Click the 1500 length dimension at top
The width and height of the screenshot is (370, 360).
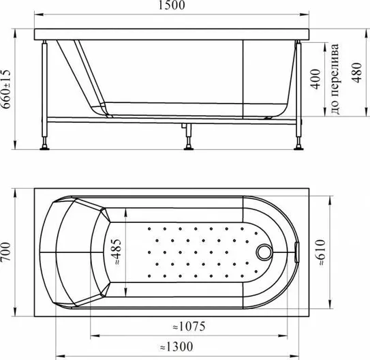click(x=171, y=5)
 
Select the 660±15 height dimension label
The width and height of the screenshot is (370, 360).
click(x=5, y=89)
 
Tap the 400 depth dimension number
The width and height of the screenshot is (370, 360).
click(x=315, y=79)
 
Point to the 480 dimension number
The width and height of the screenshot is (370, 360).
click(x=356, y=73)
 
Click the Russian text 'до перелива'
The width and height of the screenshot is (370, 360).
click(x=335, y=79)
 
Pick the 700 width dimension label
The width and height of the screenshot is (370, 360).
click(x=5, y=252)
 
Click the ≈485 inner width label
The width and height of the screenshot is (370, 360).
click(x=116, y=252)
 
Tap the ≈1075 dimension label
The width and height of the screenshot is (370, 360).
click(x=189, y=327)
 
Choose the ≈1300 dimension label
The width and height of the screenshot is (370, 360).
click(x=176, y=347)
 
